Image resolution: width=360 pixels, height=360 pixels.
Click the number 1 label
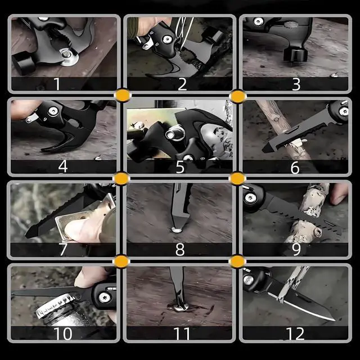click(57, 84)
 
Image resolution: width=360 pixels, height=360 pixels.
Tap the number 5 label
click(180, 167)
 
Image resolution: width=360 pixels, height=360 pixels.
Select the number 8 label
click(180, 250)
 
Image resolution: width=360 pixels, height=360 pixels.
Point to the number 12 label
click(295, 334)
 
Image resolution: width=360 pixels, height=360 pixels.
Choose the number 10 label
click(62, 334)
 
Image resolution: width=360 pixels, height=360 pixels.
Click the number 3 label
click(296, 84)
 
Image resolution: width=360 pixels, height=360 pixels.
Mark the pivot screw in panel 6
click(344, 112)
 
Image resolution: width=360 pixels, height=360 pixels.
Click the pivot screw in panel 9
click(250, 198)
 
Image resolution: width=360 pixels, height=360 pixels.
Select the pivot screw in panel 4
click(53, 111)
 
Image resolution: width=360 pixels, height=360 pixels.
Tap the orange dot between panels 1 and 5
click(123, 96)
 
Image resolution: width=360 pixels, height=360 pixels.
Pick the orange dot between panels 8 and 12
click(237, 262)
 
